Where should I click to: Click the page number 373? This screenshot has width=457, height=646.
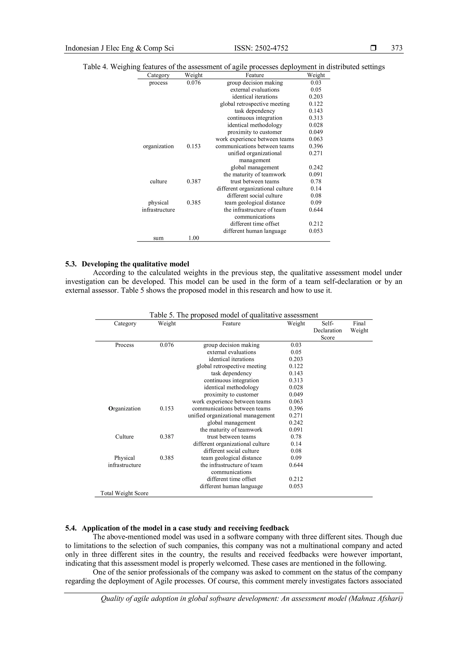click(x=397, y=48)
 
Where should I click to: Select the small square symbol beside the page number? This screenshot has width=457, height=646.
click(x=373, y=48)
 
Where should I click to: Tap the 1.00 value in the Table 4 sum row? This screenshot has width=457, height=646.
click(x=194, y=238)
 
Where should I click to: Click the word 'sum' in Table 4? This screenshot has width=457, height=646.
click(x=158, y=238)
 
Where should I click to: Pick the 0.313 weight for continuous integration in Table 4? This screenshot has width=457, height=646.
click(x=316, y=118)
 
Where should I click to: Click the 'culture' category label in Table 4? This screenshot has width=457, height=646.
click(x=158, y=182)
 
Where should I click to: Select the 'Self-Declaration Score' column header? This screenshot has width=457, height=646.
click(x=328, y=331)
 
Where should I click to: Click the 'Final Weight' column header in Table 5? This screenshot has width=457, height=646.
click(x=359, y=327)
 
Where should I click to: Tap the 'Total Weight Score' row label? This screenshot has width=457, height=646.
click(x=124, y=493)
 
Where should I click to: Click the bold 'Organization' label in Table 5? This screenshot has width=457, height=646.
click(x=124, y=408)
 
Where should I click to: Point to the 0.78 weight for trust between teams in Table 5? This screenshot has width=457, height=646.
click(x=296, y=437)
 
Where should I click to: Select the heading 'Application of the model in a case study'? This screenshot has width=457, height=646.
click(x=185, y=528)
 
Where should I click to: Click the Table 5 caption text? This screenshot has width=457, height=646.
click(x=234, y=315)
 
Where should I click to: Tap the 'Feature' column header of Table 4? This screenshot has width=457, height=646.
click(x=255, y=75)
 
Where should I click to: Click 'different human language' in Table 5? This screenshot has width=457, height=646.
click(x=231, y=486)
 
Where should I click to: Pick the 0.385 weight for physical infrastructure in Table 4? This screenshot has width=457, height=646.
click(x=194, y=203)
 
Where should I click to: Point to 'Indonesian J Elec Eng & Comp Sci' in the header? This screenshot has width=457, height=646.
click(x=119, y=48)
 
